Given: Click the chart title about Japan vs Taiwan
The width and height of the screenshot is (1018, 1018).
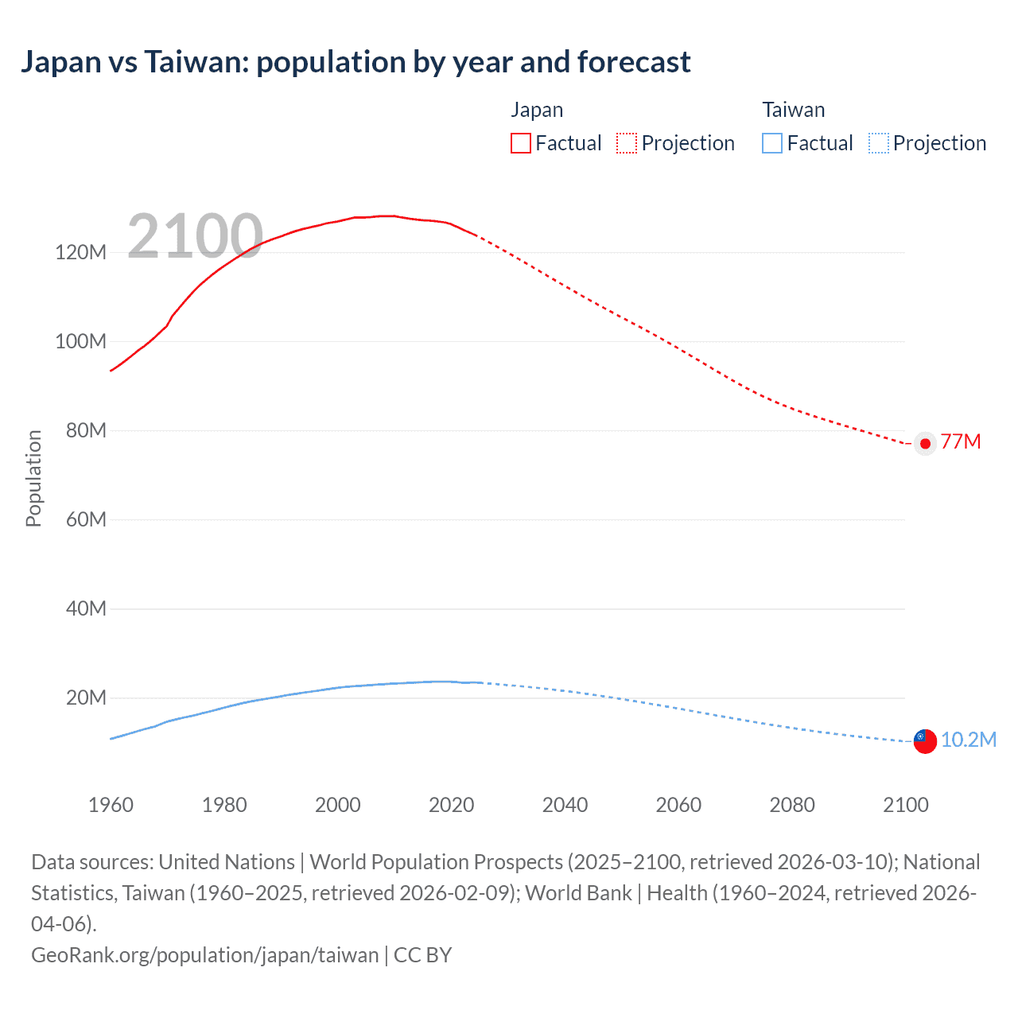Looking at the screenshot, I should click(356, 62).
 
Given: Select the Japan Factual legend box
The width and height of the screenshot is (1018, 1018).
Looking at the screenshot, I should click(521, 143).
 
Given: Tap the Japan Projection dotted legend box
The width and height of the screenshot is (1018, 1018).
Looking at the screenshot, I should click(627, 143).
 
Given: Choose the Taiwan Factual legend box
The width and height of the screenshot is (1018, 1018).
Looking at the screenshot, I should click(772, 143).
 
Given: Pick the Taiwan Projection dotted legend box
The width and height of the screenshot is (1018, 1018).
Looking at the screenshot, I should click(879, 143).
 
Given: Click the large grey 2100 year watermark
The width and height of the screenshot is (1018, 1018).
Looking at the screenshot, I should click(195, 235).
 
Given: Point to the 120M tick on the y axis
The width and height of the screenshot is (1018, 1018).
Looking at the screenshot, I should click(80, 253).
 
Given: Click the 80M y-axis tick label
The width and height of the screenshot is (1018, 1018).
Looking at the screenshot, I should click(86, 430).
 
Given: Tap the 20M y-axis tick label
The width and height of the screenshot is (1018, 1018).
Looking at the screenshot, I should click(86, 697).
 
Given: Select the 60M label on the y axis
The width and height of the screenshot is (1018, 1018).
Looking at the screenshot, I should click(86, 519).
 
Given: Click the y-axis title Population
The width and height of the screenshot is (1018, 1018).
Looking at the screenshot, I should click(33, 478).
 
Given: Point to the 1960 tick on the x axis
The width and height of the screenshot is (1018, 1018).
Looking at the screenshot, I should click(111, 805).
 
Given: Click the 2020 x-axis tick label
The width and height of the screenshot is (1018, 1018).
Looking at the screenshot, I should click(451, 805).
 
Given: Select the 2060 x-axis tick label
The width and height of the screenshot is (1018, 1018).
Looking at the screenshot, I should click(678, 805).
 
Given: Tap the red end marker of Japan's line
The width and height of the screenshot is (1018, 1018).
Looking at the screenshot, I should click(925, 444).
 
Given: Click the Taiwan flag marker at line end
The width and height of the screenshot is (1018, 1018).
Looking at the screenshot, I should click(925, 741).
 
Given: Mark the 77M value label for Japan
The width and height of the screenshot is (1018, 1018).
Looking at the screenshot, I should click(961, 442).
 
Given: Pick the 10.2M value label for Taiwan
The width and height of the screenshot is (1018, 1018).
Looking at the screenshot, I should click(969, 740).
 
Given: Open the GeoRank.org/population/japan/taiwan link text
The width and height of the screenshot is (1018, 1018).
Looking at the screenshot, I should click(205, 955).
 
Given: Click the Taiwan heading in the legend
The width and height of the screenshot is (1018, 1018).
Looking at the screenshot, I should click(793, 110).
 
